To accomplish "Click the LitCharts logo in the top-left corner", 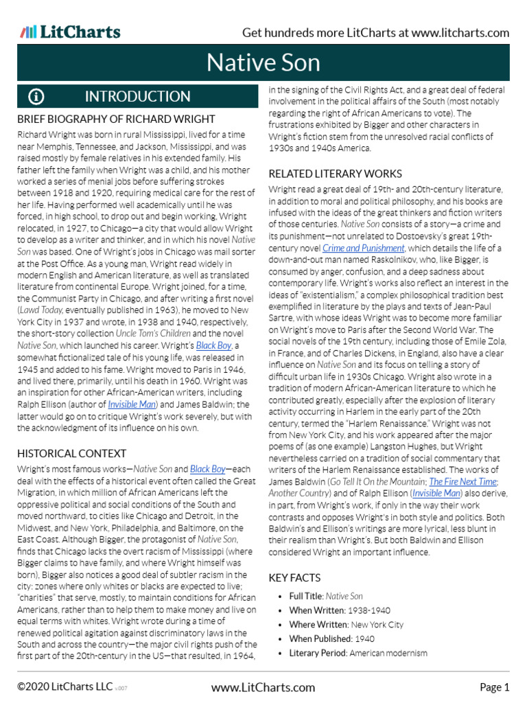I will pos(70,32).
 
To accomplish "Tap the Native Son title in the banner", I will pos(263,63).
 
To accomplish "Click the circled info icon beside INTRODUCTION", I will pos(36,97).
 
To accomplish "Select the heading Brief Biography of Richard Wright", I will pos(116,119).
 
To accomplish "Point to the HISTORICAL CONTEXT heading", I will pos(71,453).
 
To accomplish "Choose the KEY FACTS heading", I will pos(294,578).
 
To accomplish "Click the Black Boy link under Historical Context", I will pos(207,469).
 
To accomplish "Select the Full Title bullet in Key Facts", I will pos(306,597).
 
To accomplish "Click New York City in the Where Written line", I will pos(377,625).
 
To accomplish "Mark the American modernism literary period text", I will pos(388,653).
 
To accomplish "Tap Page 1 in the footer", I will pos(494,687).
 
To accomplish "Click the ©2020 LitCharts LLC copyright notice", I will pos(66,687).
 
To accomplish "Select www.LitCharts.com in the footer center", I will pos(263,687).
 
